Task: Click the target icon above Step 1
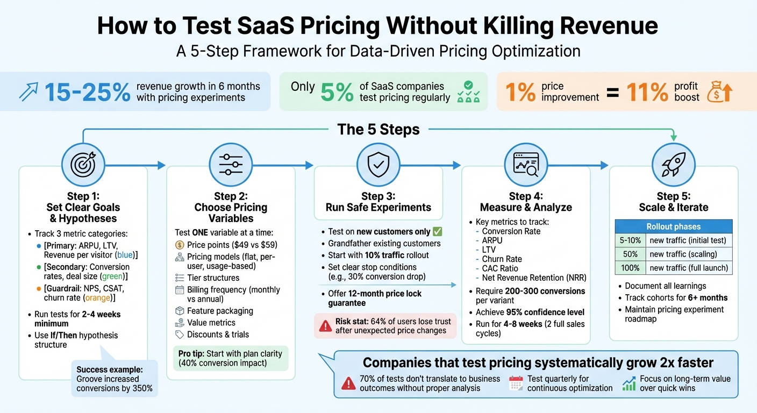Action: pos(83,162)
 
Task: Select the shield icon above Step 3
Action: pos(378,162)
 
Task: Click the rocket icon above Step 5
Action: pos(673,162)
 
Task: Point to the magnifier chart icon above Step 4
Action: pos(525,162)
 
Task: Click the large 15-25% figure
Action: pos(87,92)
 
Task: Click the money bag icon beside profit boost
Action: pos(719,92)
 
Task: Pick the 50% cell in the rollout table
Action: pos(630,254)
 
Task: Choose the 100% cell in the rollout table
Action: pos(630,267)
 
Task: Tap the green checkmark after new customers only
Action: pos(437,232)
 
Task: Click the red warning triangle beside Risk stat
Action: pos(325,326)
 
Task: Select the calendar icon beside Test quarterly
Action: pos(516,383)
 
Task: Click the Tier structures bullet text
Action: pos(213,278)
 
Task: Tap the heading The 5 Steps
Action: pos(378,130)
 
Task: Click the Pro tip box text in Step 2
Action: pos(231,358)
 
